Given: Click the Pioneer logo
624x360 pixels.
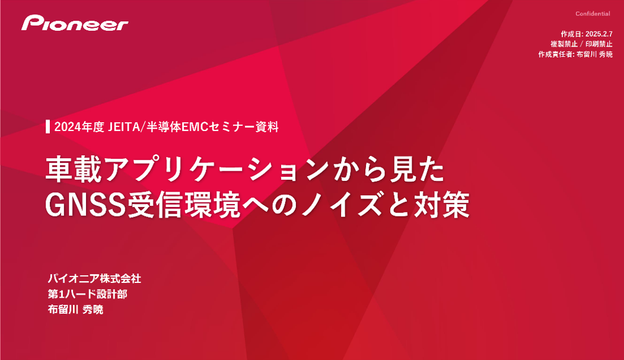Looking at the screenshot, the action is pos(75,23).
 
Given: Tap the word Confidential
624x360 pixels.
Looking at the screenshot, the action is pos(593,14).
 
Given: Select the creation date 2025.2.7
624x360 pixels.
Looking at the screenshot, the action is pos(599,34).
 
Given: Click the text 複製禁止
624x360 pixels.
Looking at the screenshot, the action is pos(564,44).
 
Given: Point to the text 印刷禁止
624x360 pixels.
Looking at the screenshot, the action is pos(599,44).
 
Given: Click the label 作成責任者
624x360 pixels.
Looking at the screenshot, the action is pos(556,55).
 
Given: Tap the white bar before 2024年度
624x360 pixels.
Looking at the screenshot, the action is pos(48,126).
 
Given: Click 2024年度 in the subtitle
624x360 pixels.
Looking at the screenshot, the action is pos(79,127).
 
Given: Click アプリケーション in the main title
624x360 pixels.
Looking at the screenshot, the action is pos(217,170).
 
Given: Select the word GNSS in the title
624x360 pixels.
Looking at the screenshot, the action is pos(85,205).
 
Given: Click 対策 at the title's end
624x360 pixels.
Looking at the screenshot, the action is pos(442,205).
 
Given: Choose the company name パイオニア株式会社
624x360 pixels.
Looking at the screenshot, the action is pos(94,279).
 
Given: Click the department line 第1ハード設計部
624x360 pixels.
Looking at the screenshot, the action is pos(88,294).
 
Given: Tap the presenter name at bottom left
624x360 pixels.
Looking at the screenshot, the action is pos(75,310).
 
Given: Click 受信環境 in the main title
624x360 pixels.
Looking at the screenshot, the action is pos(183,205).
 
